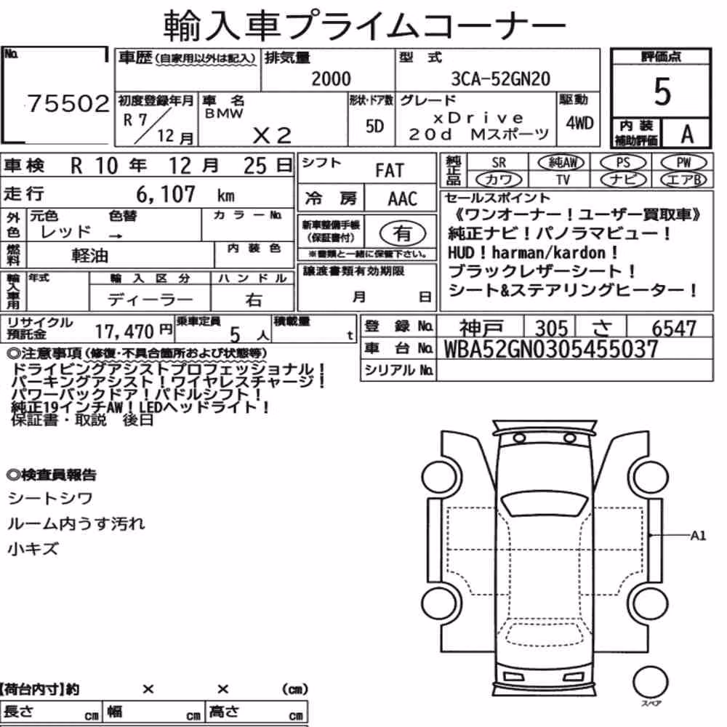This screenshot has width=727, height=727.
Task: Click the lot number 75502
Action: click(x=68, y=103)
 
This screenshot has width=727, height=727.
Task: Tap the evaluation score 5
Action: click(x=662, y=92)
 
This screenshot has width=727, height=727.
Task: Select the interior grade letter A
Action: click(x=687, y=134)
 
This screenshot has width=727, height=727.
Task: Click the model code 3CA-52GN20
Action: click(x=501, y=79)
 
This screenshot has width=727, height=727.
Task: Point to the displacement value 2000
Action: click(x=331, y=79)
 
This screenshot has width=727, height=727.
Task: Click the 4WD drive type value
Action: click(x=579, y=123)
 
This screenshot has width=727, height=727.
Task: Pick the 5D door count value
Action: click(x=374, y=126)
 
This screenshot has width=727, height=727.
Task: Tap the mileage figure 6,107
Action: click(x=166, y=194)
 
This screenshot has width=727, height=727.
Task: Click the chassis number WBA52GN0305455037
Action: click(x=551, y=349)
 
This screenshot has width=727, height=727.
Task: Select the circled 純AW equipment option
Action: click(x=561, y=162)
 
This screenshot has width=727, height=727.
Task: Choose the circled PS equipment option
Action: click(x=623, y=162)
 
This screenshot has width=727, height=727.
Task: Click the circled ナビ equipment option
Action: click(x=623, y=180)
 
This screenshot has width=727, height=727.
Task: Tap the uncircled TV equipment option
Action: click(x=563, y=180)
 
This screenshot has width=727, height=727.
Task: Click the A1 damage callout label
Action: click(x=698, y=536)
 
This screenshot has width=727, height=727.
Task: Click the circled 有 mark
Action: click(x=403, y=233)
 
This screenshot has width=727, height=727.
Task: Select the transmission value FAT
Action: click(x=390, y=171)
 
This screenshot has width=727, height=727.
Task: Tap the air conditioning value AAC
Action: click(x=403, y=199)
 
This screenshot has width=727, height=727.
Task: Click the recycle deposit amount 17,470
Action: click(x=124, y=331)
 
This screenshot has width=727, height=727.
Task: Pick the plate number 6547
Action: click(x=674, y=329)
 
